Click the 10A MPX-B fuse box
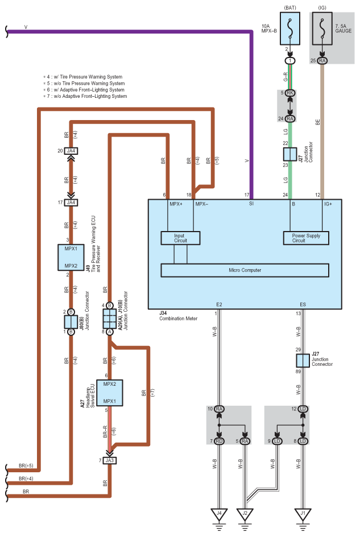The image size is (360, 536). pos(290,28)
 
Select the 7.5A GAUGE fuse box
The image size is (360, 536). pos(322,28)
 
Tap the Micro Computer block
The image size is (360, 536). pos(245,270)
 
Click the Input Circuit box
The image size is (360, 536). pos(180,238)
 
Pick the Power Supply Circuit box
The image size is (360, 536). pos(306,238)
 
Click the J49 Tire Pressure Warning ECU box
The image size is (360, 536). pos(71,257)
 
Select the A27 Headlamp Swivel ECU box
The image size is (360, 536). pos(110,393)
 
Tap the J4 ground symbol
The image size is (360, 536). pos(219,515)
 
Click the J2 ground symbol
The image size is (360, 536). pos(245,515)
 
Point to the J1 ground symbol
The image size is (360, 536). pos(303,515)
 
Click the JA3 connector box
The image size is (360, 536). pos(110,460)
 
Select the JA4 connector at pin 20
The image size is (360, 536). pos(71,151)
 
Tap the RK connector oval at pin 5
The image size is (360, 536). pos(290,93)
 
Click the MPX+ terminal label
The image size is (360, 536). pos(176,204)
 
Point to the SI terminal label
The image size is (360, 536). pos(251,204)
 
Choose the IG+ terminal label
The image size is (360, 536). pos(328,204)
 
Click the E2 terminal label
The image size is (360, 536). pos(219,304)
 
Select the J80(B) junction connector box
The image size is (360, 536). pos(71,322)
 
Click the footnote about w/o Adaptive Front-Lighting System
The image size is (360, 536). pos(85,96)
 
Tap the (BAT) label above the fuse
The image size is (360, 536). pos(290,7)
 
